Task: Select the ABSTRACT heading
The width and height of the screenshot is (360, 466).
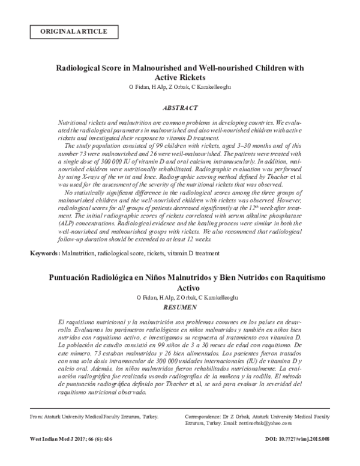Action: tap(179, 107)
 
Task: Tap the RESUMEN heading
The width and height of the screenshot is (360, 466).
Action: tap(180, 307)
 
